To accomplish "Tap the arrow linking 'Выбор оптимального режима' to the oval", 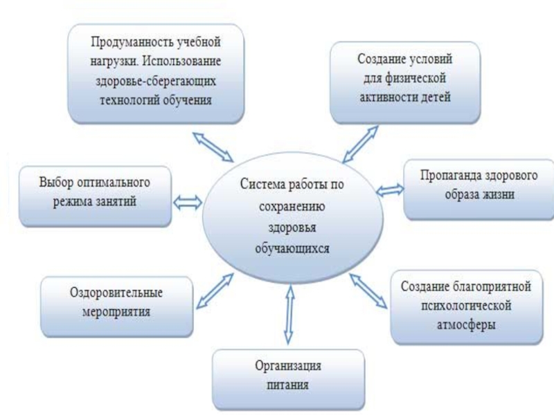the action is pos(188,203).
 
